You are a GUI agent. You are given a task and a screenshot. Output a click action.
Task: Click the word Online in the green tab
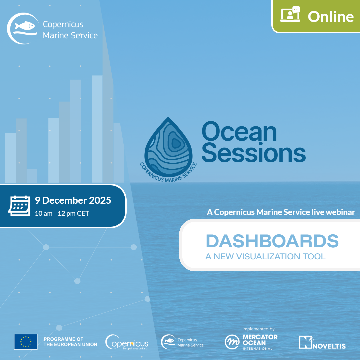coord(331,17)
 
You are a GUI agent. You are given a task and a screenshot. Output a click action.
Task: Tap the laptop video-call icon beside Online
coord(290,14)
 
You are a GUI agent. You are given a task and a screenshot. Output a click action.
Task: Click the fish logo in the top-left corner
coord(23,28)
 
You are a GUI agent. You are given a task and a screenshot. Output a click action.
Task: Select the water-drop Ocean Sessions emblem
coord(169,149)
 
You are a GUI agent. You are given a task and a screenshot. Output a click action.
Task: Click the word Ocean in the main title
coord(239,132)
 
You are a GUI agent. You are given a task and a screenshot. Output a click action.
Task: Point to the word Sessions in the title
coord(254,152)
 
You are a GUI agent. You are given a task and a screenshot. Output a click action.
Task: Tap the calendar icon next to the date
coord(19,206)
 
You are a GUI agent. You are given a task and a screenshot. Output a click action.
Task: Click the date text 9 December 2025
coord(73,200)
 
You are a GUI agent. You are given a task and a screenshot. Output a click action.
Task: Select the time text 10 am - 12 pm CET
coord(62,214)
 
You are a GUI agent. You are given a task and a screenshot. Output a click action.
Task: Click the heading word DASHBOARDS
coord(272,241)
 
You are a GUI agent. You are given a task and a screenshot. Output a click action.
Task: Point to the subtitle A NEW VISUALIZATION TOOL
coord(265,256)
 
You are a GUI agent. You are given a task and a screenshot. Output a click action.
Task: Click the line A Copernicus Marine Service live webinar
coord(281,212)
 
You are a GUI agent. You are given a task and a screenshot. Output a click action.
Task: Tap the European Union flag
coord(26,342)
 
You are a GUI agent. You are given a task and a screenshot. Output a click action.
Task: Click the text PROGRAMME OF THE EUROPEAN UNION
coord(70,342)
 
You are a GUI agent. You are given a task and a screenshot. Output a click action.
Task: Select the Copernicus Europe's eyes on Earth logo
coord(127,342)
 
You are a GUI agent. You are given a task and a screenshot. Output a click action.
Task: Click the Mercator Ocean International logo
coord(251,342)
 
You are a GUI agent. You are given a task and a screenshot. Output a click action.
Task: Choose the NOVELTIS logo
coord(322,343)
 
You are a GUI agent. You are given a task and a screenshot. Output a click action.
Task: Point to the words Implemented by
coord(259,329)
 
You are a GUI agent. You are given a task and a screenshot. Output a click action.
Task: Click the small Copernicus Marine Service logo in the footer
coord(182,342)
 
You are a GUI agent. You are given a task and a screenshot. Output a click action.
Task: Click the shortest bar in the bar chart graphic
coord(32,176)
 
